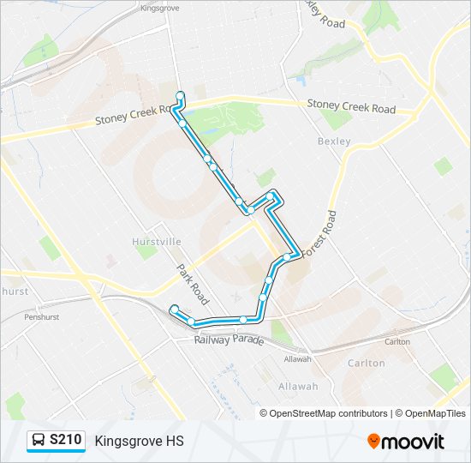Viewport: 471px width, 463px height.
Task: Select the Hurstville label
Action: click(x=157, y=243)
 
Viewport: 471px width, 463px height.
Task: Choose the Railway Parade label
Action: click(x=229, y=340)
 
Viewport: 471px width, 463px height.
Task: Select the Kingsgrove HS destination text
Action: click(x=139, y=442)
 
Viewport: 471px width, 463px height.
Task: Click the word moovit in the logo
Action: click(x=414, y=442)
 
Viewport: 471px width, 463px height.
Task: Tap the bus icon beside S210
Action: click(x=39, y=441)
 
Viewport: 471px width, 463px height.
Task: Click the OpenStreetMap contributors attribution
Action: click(x=324, y=413)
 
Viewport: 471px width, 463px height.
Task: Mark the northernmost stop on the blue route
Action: click(x=180, y=95)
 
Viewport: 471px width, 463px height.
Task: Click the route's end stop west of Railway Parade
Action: click(x=174, y=309)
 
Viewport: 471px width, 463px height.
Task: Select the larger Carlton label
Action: click(x=367, y=363)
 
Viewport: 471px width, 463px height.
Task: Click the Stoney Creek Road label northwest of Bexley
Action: click(x=351, y=109)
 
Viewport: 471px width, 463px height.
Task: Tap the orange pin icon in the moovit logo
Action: click(x=373, y=442)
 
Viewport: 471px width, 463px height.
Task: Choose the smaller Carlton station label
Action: click(x=397, y=341)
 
